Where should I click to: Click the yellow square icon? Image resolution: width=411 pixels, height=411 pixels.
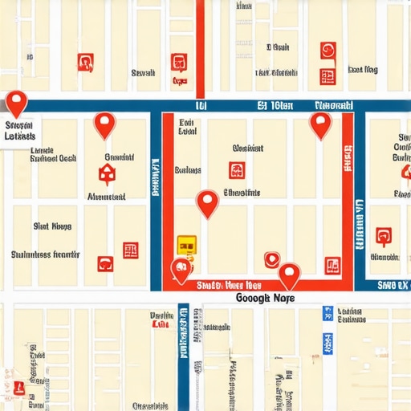(185, 244)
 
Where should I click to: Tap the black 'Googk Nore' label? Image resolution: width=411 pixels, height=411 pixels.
(266, 298)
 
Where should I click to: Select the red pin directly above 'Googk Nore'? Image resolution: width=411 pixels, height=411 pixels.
(289, 275)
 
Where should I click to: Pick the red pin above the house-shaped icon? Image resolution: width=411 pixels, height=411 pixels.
(104, 124)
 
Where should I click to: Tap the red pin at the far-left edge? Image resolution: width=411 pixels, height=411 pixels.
(16, 102)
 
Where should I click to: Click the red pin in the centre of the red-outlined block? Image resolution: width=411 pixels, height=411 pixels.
(208, 202)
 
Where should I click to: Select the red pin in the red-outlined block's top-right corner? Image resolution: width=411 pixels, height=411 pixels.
(321, 124)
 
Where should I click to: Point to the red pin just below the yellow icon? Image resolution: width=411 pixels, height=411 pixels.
(182, 271)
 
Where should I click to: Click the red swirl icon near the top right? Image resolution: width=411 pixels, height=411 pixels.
(328, 51)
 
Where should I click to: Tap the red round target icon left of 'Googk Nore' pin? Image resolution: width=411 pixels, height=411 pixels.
(271, 258)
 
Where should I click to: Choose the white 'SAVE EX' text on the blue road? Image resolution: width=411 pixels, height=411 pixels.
(393, 285)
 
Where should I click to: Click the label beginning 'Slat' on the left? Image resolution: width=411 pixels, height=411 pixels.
(52, 227)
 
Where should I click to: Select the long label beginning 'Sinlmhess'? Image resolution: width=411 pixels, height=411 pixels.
(46, 254)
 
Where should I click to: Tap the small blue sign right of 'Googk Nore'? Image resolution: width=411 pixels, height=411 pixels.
(327, 313)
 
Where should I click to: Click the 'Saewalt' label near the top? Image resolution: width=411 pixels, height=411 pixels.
(143, 73)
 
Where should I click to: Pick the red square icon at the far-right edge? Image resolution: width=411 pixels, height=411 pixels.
(384, 236)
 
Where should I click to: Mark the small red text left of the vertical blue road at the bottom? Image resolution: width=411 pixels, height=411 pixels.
(161, 325)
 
